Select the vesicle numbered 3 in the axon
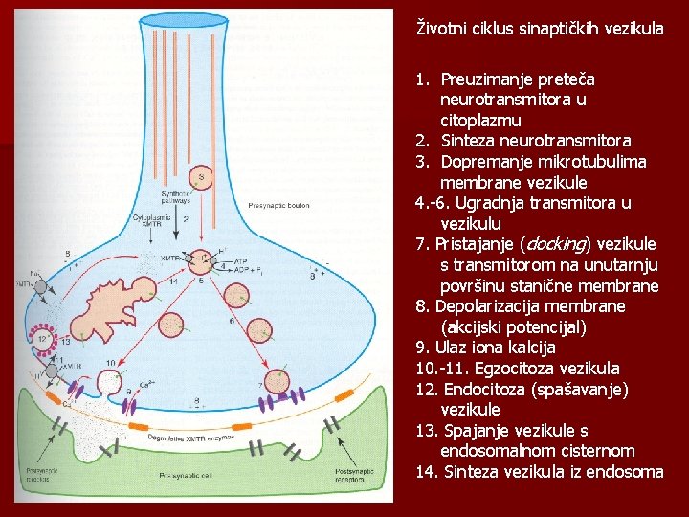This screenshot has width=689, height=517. pos(201,177)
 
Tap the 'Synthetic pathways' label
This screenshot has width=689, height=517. pos(149,197)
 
